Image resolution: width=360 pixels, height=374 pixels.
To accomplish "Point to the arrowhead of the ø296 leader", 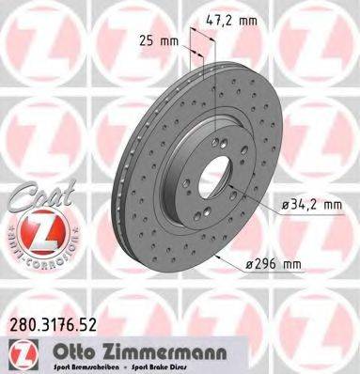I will click(x=218, y=257).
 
